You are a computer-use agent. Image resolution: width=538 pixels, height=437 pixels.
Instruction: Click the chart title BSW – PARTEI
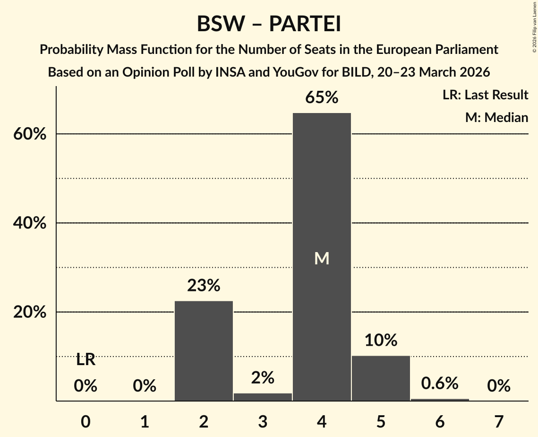tap(269, 24)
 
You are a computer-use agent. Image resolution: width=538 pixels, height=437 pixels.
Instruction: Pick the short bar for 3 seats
tap(263, 397)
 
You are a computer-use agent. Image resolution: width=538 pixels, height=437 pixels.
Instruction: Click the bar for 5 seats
tap(381, 378)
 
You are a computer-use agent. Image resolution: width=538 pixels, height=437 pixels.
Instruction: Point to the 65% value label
tap(322, 98)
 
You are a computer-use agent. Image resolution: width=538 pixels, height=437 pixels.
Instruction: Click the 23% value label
tap(204, 286)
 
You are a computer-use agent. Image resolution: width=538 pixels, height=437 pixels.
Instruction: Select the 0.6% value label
tap(440, 384)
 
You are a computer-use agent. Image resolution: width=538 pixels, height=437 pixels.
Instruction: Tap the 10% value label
tap(381, 340)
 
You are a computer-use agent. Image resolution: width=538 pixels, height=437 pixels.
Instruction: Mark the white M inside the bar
tap(322, 258)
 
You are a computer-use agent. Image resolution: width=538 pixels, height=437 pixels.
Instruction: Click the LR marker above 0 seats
tap(85, 360)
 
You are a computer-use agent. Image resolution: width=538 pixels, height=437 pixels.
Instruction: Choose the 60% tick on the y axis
tap(29, 134)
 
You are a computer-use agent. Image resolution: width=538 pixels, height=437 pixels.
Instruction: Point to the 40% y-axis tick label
tap(29, 223)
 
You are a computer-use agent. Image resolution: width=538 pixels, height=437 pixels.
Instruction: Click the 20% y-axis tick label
tap(29, 313)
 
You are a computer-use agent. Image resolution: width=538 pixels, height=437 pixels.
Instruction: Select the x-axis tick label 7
tap(499, 421)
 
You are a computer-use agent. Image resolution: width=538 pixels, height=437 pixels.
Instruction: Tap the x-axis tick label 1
tap(145, 421)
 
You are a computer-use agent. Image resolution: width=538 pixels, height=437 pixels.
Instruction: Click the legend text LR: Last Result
tap(485, 95)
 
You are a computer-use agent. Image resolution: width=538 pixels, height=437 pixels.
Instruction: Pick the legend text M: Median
tap(496, 117)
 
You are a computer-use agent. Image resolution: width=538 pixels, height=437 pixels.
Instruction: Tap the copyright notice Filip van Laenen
tap(534, 29)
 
